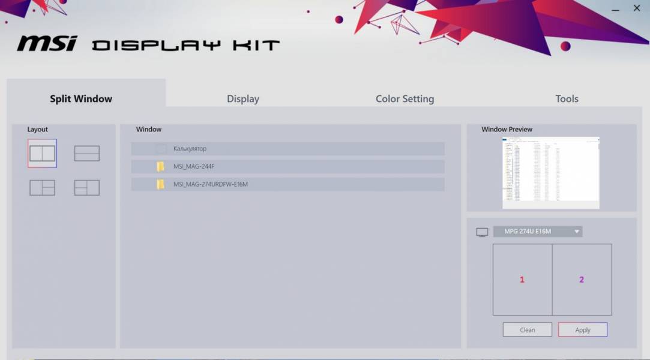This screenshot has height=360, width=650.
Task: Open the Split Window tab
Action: point(81,99)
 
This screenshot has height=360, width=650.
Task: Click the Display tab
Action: point(243,99)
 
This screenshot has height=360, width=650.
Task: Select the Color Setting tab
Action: point(405,99)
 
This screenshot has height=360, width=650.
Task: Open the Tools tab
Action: point(567,99)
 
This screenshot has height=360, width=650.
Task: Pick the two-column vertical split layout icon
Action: point(42,154)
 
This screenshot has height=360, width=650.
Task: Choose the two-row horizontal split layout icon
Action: point(87,154)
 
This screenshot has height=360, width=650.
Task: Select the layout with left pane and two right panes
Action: point(42,188)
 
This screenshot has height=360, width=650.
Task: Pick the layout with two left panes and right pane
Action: point(87,188)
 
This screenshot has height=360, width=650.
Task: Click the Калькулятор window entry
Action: point(288,149)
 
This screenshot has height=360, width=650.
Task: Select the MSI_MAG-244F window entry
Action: point(288,166)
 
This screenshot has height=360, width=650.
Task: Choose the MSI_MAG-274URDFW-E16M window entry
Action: point(288,184)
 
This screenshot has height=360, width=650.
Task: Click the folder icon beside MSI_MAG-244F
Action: point(160,166)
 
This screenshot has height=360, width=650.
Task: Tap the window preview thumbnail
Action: point(551,173)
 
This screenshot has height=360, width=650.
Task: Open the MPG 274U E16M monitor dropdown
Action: point(538,232)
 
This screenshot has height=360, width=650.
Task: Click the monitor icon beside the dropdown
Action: point(482,232)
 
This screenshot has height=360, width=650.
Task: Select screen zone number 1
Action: point(522,280)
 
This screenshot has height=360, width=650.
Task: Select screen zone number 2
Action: point(582,280)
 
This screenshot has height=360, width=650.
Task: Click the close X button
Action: point(637,8)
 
